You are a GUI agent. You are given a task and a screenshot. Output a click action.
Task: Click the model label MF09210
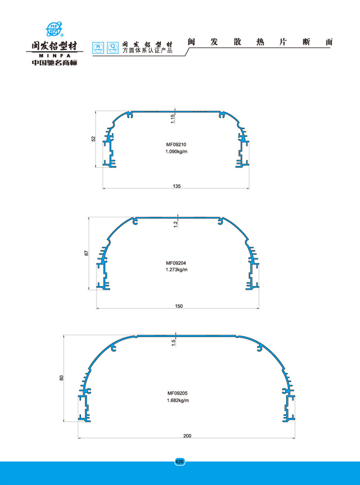tap(176, 145)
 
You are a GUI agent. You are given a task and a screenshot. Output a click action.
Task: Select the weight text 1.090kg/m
tap(177, 151)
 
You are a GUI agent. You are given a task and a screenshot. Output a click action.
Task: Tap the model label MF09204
tap(176, 263)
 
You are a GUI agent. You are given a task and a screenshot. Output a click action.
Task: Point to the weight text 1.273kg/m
tap(177, 270)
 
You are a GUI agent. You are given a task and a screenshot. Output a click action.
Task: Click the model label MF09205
tap(178, 393)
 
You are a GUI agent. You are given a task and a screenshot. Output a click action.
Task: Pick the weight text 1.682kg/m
tap(178, 400)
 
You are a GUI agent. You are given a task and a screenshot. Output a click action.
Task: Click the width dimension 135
tap(177, 186)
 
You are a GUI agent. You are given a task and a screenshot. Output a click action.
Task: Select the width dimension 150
tap(179, 306)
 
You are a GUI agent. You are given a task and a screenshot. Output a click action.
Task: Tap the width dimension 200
tap(187, 436)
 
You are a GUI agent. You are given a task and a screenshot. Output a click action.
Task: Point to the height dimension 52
tap(94, 139)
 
